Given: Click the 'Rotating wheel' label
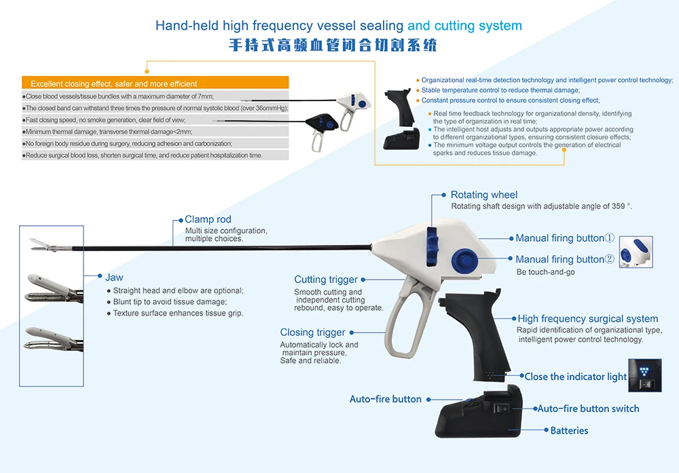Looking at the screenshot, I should click(x=483, y=195).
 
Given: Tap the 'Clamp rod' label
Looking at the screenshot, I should click(x=208, y=219).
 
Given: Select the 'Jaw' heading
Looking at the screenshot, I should click(x=114, y=278).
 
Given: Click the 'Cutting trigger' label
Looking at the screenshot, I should click(x=326, y=280).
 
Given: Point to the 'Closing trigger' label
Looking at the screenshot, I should click(x=313, y=333).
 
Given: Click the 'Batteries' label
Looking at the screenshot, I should click(x=569, y=430).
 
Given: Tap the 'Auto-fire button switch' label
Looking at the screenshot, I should click(x=588, y=409).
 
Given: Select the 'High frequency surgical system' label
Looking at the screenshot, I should click(x=587, y=319).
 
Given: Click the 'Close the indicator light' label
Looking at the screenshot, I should click(x=575, y=377).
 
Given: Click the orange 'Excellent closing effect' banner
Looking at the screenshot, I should click(x=155, y=83).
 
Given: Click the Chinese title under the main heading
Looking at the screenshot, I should click(x=332, y=45).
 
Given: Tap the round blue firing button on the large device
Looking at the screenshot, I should click(x=464, y=259).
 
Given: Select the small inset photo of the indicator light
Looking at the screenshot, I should click(x=644, y=375).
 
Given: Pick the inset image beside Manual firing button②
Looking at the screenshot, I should click(x=636, y=252).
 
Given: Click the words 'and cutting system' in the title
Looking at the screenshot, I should click(x=464, y=26).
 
